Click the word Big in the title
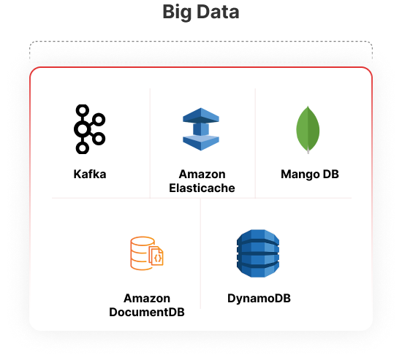coord(177,12)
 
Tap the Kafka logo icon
coord(89,129)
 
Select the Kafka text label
coord(90,175)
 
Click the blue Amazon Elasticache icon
coord(201,129)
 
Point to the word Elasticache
coord(202,188)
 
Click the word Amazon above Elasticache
coord(202,175)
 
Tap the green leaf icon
coord(308,130)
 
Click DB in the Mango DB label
coord(331,175)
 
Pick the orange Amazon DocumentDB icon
coord(147,253)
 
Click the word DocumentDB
coord(147,312)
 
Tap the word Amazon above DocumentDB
coord(147,298)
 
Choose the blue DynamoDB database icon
coord(258,253)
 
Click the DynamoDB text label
coord(259,299)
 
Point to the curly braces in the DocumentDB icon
coord(158,258)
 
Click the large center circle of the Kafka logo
coord(83,129)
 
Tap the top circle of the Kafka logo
coord(83,111)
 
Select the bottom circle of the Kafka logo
coord(83,148)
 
